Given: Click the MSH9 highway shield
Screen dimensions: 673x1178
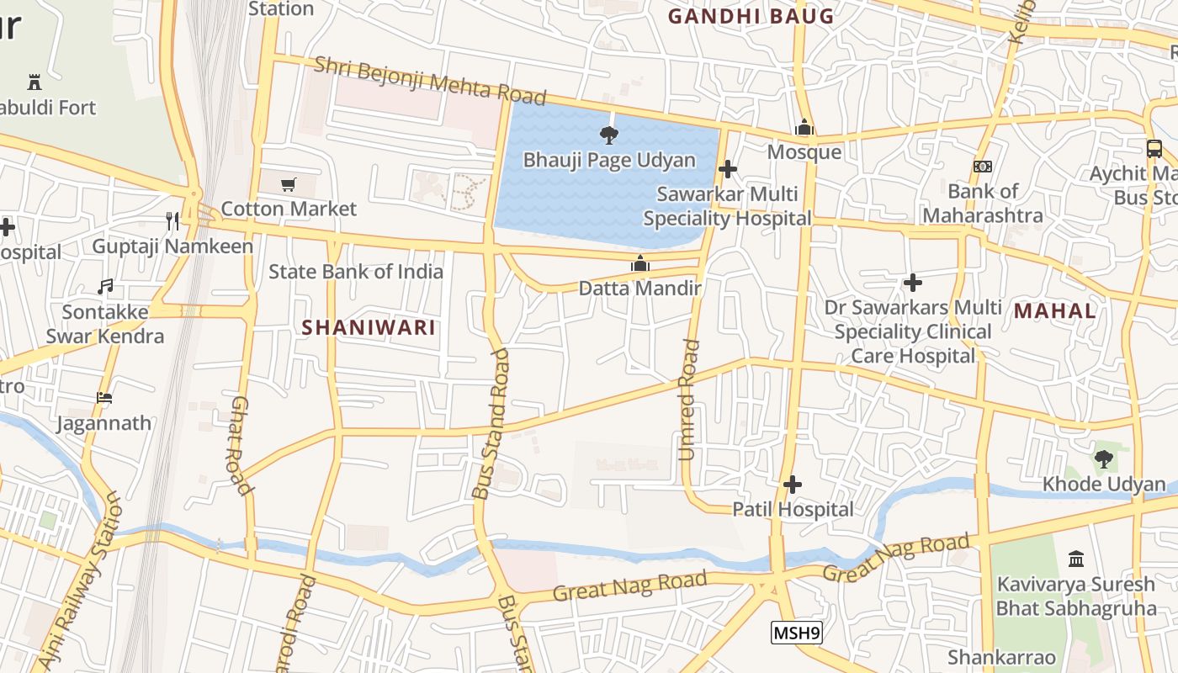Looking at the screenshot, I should pyautogui.click(x=796, y=633).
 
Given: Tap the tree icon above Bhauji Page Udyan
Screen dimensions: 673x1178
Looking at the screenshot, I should pyautogui.click(x=608, y=135).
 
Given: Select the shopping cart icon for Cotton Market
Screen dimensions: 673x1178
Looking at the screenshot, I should pyautogui.click(x=289, y=184).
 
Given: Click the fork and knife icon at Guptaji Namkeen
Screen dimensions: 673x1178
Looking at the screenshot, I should pyautogui.click(x=172, y=221).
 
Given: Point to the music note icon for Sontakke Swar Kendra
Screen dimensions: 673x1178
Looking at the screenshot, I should pyautogui.click(x=105, y=287).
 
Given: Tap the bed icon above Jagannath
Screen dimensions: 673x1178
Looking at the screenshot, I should pyautogui.click(x=104, y=398).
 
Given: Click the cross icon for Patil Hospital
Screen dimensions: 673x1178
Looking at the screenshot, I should pyautogui.click(x=792, y=485).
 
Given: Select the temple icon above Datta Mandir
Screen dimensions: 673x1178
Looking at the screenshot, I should pyautogui.click(x=640, y=264).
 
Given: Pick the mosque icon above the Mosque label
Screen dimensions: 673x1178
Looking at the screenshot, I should pyautogui.click(x=804, y=127).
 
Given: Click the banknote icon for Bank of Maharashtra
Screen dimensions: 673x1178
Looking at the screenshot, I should pyautogui.click(x=982, y=167).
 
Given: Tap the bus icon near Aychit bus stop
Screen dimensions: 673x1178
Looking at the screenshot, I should pyautogui.click(x=1154, y=149).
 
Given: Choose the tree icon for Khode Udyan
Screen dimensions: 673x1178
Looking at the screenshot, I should pyautogui.click(x=1103, y=459).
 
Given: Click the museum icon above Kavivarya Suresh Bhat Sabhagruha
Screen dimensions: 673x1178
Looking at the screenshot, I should pyautogui.click(x=1075, y=559).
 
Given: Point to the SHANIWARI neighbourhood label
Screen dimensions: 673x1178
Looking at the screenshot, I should pyautogui.click(x=369, y=328).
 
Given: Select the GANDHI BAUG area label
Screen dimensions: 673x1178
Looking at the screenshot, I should pyautogui.click(x=751, y=16).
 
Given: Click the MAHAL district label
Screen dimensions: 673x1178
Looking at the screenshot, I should pyautogui.click(x=1054, y=311).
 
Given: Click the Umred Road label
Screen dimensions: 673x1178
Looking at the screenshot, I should pyautogui.click(x=688, y=400).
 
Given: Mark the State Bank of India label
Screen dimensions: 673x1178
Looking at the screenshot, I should pyautogui.click(x=355, y=272).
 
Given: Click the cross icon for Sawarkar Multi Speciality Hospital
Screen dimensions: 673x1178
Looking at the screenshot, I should pyautogui.click(x=728, y=169).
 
